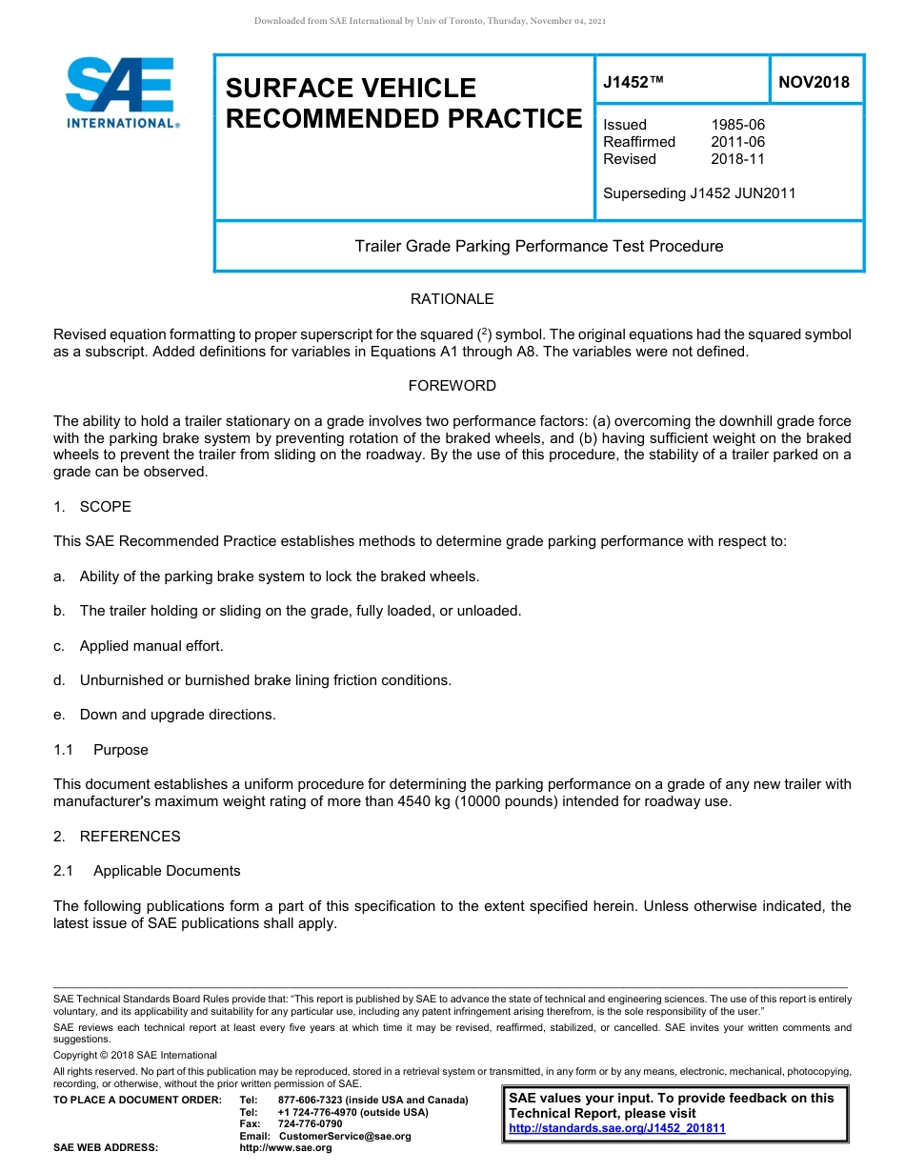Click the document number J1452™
[633, 83]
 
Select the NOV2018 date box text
[814, 83]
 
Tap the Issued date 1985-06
[737, 125]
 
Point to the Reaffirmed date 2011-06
[737, 142]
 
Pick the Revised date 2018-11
[737, 159]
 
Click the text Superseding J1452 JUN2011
[699, 193]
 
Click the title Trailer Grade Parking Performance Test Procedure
[538, 246]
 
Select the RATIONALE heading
[452, 299]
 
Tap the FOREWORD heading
[452, 386]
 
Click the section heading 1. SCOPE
[92, 507]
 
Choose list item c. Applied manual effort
[139, 646]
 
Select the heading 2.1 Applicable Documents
[147, 871]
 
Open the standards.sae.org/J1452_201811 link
[617, 1128]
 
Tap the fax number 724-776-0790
[310, 1124]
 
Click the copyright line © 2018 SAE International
[135, 1055]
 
